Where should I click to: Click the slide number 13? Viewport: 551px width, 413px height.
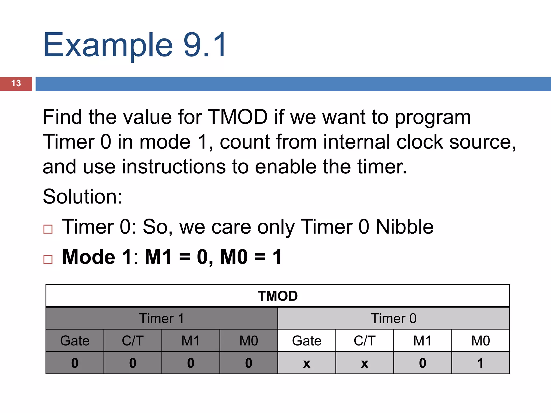16,83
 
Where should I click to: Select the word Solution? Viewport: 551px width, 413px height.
82,197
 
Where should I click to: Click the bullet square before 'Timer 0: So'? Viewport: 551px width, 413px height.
48,229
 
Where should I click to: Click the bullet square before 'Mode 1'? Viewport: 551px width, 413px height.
48,259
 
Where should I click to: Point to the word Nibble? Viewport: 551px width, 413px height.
404,227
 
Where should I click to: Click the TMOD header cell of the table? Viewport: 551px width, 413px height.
278,296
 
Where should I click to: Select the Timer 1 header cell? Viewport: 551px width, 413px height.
161,318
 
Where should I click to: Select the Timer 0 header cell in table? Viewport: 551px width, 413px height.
393,318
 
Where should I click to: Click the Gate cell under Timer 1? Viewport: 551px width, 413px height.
75,341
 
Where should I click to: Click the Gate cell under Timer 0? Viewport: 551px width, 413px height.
307,341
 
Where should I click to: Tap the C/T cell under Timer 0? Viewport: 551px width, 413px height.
365,341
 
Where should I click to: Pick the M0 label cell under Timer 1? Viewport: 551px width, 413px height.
249,341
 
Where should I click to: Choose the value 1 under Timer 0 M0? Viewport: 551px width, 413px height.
481,363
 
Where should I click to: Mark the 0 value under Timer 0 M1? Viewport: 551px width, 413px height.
422,363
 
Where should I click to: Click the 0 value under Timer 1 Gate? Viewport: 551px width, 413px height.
75,363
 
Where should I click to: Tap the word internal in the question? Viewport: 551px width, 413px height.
356,142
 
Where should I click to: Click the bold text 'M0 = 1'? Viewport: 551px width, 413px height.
251,257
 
